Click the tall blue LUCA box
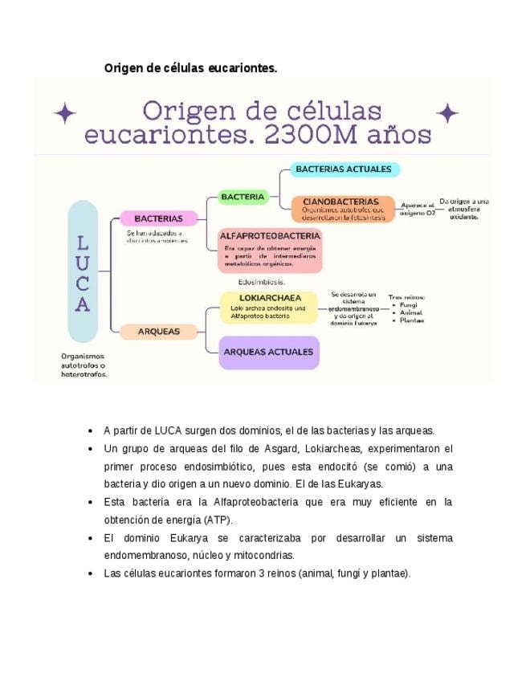[83, 271]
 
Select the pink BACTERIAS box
[158, 218]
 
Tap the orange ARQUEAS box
[158, 331]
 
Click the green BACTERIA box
[243, 196]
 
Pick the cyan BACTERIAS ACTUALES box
[343, 169]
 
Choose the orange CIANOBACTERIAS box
[343, 208]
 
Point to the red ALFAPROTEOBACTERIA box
[270, 251]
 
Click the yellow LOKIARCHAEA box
[270, 307]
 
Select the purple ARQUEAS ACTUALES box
[268, 352]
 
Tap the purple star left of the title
[64, 113]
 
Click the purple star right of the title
[446, 113]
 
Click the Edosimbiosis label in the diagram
[262, 282]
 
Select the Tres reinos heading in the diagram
[406, 296]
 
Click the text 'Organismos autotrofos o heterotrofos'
[84, 365]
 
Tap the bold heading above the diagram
[190, 68]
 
